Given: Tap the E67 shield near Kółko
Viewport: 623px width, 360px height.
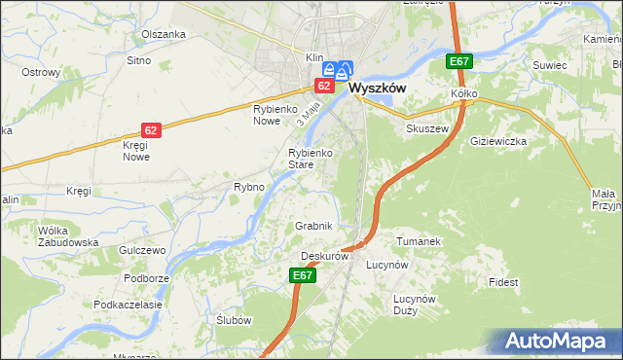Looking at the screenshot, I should pyautogui.click(x=460, y=62).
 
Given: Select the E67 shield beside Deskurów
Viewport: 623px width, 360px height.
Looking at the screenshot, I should pyautogui.click(x=303, y=276).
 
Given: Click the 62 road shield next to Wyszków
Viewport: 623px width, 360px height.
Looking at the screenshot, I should pyautogui.click(x=324, y=86).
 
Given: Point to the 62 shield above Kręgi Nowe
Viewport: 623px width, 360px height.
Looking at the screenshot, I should pyautogui.click(x=150, y=129).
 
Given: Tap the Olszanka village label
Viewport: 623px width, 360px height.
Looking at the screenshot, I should pyautogui.click(x=163, y=34).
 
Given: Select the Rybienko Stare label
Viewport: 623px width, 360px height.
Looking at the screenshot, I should pyautogui.click(x=312, y=159).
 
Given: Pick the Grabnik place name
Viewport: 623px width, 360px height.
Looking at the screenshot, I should pyautogui.click(x=314, y=226).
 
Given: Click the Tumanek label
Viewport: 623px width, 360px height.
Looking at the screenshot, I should pyautogui.click(x=420, y=240).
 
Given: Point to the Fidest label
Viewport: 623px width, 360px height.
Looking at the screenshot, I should pyautogui.click(x=504, y=282).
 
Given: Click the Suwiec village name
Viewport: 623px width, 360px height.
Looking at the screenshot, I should pyautogui.click(x=549, y=65).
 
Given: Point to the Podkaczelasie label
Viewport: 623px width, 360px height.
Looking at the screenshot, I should pyautogui.click(x=128, y=305).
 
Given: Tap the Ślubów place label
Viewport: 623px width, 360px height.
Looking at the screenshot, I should pyautogui.click(x=234, y=321).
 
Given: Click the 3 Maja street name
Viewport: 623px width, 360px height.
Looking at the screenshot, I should pyautogui.click(x=310, y=116).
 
